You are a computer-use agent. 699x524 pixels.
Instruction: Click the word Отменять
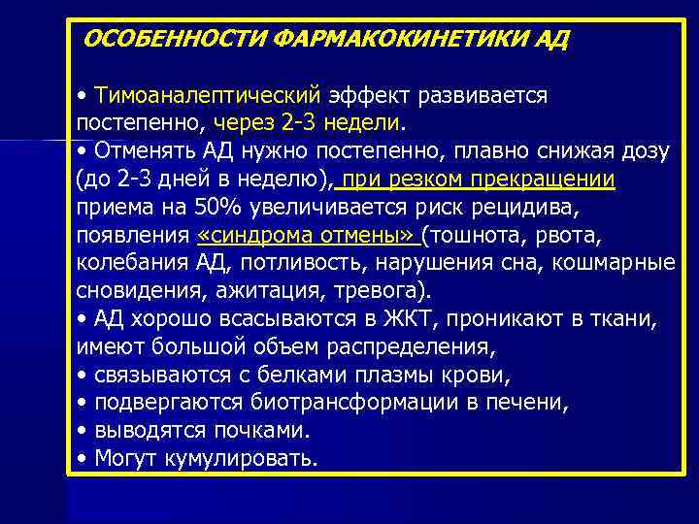145,152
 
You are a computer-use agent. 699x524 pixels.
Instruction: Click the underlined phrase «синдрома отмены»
306,236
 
